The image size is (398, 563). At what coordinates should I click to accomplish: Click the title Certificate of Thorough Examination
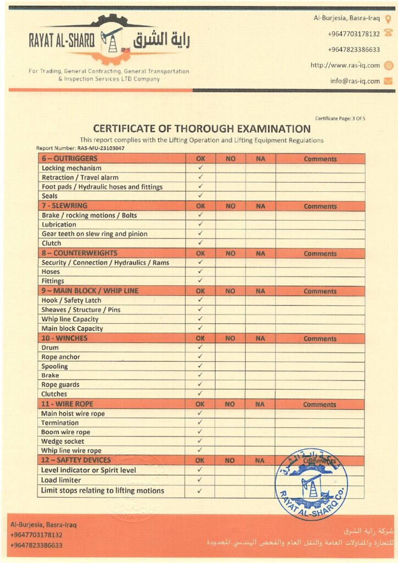pyautogui.click(x=202, y=129)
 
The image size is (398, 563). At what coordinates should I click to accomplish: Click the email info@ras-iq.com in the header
pyautogui.click(x=355, y=81)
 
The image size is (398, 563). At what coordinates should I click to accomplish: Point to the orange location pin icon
pyautogui.click(x=388, y=18)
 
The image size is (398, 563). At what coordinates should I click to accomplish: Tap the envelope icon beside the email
pyautogui.click(x=388, y=81)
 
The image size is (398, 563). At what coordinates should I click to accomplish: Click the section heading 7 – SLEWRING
pyautogui.click(x=64, y=206)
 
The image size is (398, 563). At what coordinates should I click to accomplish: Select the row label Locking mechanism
pyautogui.click(x=71, y=168)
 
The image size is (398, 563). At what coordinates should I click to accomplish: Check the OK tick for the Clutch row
pyautogui.click(x=200, y=243)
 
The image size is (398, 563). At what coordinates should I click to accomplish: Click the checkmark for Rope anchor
pyautogui.click(x=200, y=357)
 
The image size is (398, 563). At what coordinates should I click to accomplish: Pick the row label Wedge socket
pyautogui.click(x=63, y=441)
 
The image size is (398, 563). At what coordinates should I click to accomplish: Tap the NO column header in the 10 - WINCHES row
pyautogui.click(x=230, y=339)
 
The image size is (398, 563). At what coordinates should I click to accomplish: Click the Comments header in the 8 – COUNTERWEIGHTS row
pyautogui.click(x=320, y=254)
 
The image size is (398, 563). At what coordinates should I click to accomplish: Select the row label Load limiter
pyautogui.click(x=61, y=480)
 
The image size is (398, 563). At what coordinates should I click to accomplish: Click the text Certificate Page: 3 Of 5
pyautogui.click(x=340, y=118)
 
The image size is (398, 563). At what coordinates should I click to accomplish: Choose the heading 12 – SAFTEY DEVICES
pyautogui.click(x=76, y=460)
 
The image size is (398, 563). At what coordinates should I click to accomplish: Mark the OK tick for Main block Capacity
pyautogui.click(x=200, y=328)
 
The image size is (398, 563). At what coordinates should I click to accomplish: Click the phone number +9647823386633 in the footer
pyautogui.click(x=36, y=545)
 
